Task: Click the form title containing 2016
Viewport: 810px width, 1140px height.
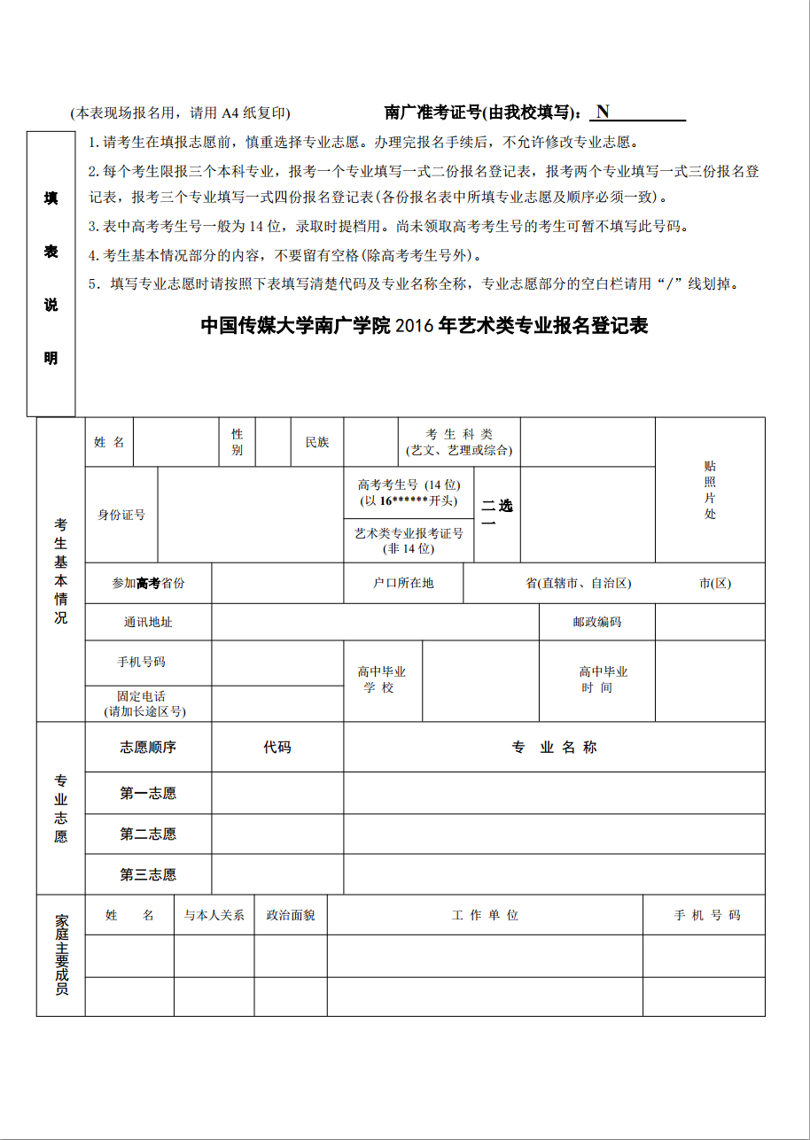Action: (424, 326)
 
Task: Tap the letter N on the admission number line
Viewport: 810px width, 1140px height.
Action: (603, 112)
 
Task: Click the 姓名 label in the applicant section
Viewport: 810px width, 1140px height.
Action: (109, 442)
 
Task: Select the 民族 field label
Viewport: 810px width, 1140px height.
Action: (317, 442)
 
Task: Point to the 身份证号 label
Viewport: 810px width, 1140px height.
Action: (121, 515)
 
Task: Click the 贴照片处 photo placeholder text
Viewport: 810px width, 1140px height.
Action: (710, 490)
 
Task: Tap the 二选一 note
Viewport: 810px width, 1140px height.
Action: (496, 514)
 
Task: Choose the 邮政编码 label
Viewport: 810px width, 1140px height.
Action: (596, 622)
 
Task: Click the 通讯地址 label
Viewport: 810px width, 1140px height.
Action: (148, 622)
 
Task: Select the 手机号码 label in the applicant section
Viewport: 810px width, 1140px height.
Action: (142, 663)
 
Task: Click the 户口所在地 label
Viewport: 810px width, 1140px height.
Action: (403, 583)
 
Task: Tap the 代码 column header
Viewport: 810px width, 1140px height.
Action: (276, 747)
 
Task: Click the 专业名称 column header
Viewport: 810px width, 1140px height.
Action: (554, 747)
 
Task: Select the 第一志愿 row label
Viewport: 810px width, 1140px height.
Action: (148, 793)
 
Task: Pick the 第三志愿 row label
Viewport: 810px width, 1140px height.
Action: (148, 874)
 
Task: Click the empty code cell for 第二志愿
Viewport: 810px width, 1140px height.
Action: (276, 834)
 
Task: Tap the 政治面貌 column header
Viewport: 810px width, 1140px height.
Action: (291, 915)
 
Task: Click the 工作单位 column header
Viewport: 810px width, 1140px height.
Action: (485, 915)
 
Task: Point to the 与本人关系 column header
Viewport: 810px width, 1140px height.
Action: (214, 915)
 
